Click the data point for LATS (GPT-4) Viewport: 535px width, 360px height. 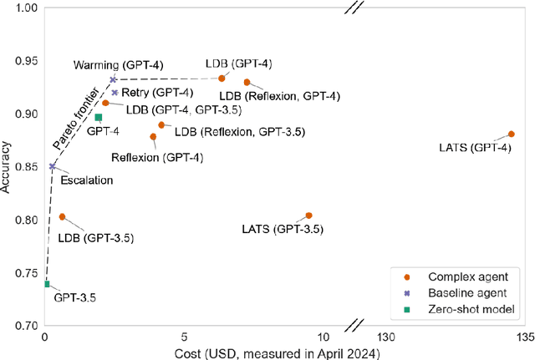pos(512,134)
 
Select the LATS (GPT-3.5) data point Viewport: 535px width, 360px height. pos(309,215)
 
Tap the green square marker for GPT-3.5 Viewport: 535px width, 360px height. pos(47,284)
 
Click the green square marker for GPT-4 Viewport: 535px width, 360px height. pos(99,118)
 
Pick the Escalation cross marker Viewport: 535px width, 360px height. pos(53,166)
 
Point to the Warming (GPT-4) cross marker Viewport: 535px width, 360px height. pos(113,79)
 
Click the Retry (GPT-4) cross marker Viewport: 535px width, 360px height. pos(115,93)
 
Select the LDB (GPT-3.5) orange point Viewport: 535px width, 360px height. pos(62,216)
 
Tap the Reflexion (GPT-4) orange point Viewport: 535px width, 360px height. pos(153,137)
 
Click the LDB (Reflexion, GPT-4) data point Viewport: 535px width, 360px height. pos(247,82)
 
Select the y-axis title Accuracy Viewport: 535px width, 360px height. pos(8,167)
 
